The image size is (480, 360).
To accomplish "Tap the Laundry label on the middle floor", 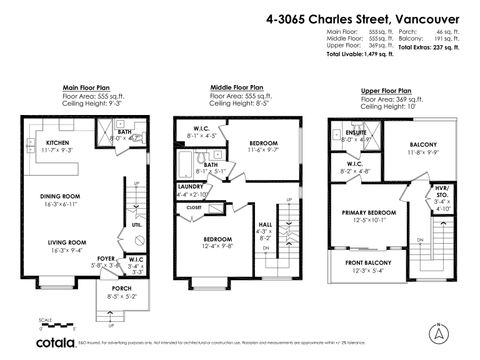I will click(191, 188).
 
